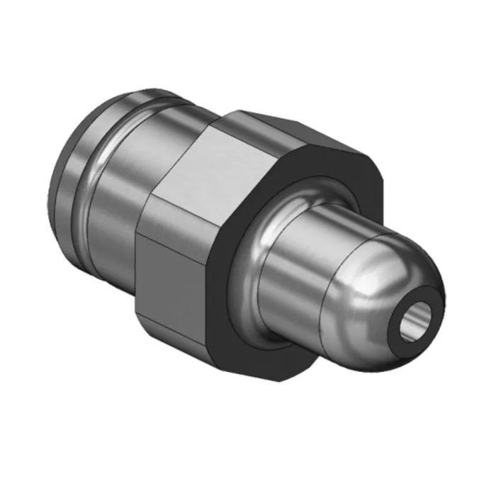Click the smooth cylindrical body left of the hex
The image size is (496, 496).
(x=117, y=191)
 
